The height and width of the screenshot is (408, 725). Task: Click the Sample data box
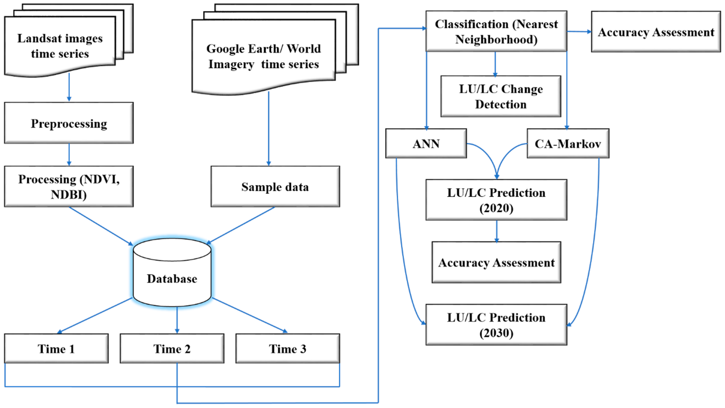[275, 187]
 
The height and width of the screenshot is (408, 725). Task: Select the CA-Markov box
[568, 144]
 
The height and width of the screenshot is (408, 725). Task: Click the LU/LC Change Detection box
[501, 96]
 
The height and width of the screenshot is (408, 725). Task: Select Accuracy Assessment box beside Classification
[656, 32]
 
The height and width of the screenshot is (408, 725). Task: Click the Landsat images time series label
[60, 46]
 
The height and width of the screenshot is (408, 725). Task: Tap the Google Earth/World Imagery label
[264, 56]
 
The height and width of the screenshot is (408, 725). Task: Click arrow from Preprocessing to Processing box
[69, 154]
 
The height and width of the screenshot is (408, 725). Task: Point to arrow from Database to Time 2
[177, 320]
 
